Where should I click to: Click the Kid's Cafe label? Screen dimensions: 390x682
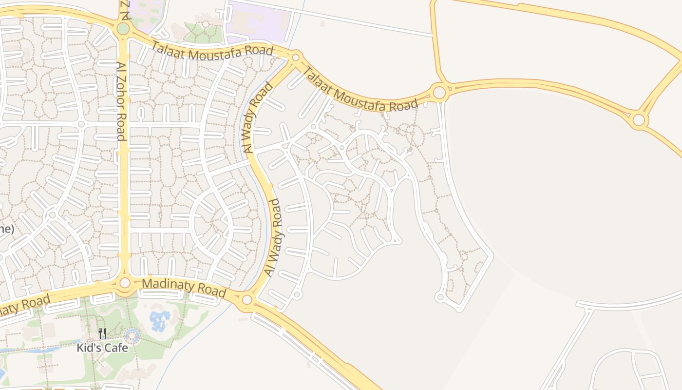click(x=102, y=348)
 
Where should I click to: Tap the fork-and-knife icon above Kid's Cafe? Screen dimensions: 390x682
click(x=102, y=334)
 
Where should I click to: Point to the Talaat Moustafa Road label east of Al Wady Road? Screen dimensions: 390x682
click(x=360, y=91)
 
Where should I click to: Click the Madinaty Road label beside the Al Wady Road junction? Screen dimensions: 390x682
click(x=184, y=287)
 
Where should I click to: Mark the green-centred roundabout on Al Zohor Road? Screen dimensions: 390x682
click(x=123, y=29)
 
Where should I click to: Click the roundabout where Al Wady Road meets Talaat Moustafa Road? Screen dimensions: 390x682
click(x=295, y=58)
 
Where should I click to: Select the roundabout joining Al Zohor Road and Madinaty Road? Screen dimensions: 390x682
click(x=125, y=282)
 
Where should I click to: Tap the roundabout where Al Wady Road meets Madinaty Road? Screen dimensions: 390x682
click(x=247, y=299)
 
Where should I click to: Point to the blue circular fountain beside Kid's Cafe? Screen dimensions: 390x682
click(x=132, y=335)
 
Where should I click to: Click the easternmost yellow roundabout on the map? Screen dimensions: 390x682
click(x=638, y=120)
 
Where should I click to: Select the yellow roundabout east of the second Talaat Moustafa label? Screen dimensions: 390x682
click(x=439, y=91)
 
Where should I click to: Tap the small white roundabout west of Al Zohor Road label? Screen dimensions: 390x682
click(x=81, y=124)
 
